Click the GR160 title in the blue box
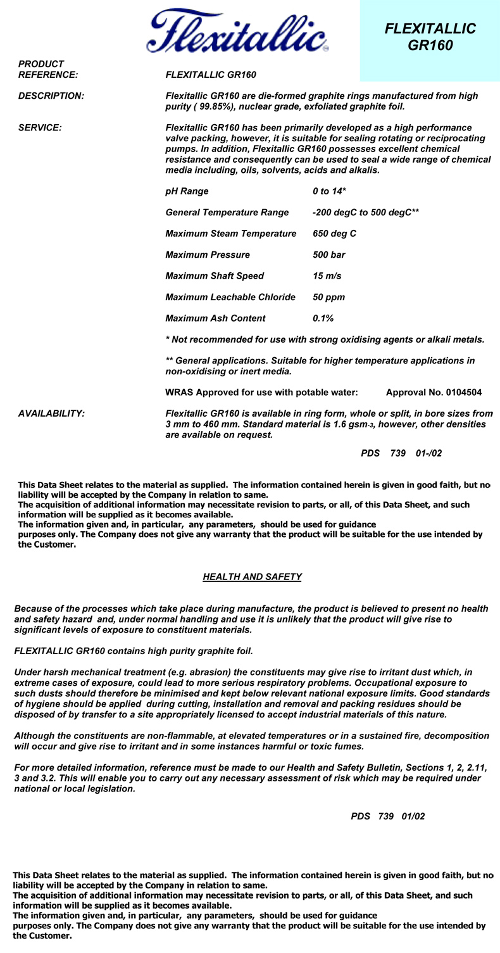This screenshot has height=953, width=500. click(x=430, y=46)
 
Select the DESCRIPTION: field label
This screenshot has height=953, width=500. click(x=51, y=96)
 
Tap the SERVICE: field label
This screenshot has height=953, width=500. click(x=40, y=127)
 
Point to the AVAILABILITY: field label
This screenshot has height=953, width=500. click(x=51, y=413)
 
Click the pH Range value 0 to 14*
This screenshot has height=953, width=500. click(x=329, y=191)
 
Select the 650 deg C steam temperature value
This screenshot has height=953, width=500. click(x=334, y=234)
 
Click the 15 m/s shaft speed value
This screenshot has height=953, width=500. click(x=327, y=276)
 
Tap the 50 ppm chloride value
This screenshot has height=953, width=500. click(x=328, y=297)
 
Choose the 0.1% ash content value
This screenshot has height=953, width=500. click(x=323, y=318)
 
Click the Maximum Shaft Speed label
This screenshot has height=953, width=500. click(x=215, y=276)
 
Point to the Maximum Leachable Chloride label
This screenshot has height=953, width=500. click(x=230, y=297)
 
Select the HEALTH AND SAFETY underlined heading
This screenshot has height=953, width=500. click(x=252, y=577)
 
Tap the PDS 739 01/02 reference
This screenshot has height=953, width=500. click(x=388, y=816)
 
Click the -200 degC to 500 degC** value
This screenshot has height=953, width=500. click(x=366, y=212)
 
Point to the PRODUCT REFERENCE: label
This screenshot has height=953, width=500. click(x=48, y=69)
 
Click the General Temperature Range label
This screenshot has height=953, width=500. click(x=227, y=212)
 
